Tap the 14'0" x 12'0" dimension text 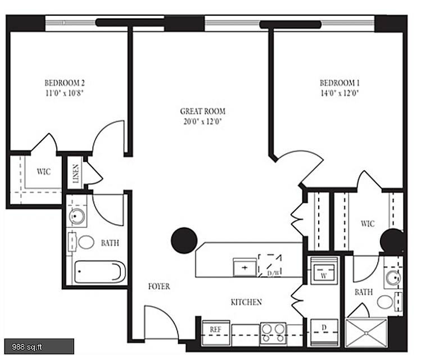[339, 93]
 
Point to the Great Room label [203, 111]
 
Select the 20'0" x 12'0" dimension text [203, 121]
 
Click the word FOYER [159, 286]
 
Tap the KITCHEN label [247, 302]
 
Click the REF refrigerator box [216, 332]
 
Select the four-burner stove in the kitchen [273, 334]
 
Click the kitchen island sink [245, 267]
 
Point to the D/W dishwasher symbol [270, 266]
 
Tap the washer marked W [324, 270]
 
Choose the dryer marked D [324, 332]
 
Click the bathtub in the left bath [100, 272]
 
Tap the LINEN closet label [76, 174]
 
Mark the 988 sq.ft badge [39, 347]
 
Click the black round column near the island [184, 240]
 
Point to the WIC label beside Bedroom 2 [43, 171]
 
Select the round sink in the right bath [392, 278]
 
